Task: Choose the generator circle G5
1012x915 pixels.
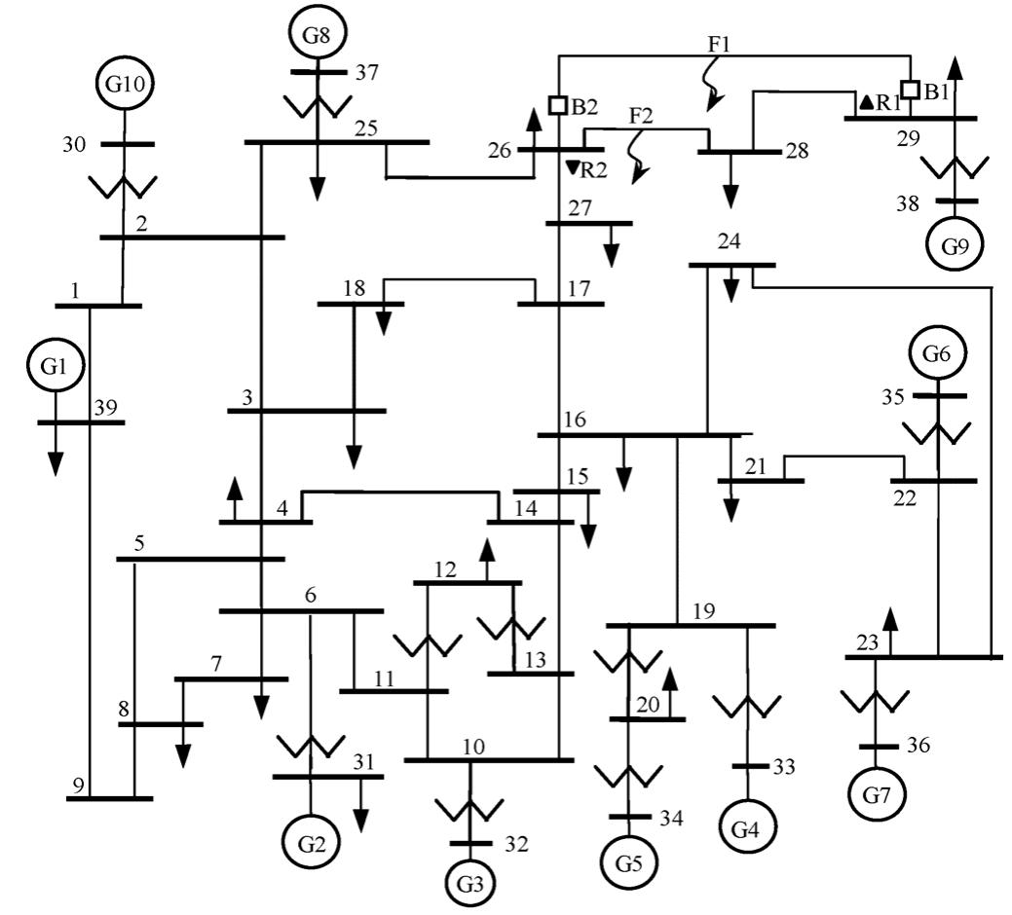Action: point(628,862)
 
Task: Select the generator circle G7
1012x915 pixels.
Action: point(876,796)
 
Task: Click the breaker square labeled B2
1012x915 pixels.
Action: point(558,104)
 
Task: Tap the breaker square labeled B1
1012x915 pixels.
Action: point(909,91)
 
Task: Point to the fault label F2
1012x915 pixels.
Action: point(641,116)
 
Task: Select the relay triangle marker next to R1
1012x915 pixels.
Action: point(865,102)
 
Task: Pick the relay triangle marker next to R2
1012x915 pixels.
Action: point(572,168)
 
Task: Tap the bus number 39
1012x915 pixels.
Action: point(107,407)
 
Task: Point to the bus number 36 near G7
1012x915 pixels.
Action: point(918,746)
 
